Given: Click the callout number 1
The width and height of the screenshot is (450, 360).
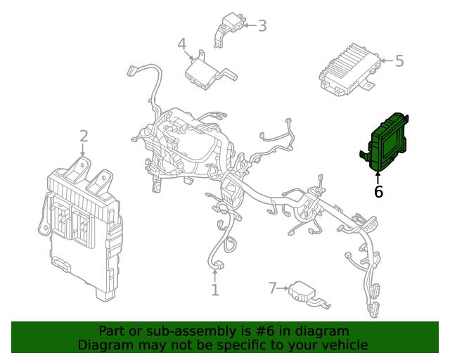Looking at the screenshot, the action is (x=215, y=290).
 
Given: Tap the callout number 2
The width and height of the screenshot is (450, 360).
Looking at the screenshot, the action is (x=84, y=136).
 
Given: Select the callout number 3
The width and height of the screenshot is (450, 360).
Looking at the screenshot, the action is (x=262, y=25).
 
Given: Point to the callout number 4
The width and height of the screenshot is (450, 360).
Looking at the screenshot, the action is (x=182, y=44).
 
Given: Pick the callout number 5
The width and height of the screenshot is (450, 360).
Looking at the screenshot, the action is (x=399, y=61).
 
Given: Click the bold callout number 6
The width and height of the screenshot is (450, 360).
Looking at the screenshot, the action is (x=378, y=191).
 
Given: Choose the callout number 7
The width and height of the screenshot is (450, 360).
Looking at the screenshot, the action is (x=273, y=288).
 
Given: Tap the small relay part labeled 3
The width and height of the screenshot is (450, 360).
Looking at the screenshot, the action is (x=229, y=28).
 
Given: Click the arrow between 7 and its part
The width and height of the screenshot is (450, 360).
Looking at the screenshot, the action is (x=283, y=288).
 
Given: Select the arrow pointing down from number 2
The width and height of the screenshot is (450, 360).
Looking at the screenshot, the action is (x=83, y=150).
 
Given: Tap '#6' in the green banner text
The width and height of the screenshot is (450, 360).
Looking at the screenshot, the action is (x=264, y=331).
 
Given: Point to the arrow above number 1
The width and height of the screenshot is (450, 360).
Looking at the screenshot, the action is (x=214, y=276).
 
